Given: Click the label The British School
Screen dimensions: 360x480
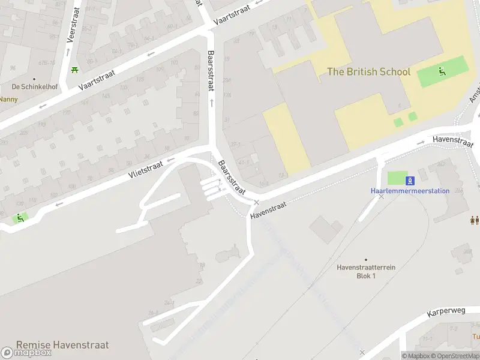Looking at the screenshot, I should (368, 72).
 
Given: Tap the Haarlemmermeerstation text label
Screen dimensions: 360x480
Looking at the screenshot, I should (410, 191).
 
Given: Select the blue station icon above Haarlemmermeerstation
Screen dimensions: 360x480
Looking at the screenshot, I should (410, 181).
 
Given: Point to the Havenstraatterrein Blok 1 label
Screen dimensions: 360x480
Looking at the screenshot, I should (365, 271).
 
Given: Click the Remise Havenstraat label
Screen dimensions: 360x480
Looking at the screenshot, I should (62, 345).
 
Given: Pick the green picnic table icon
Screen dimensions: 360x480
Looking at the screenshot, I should (74, 70).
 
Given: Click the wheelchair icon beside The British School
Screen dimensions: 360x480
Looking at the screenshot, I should (442, 72).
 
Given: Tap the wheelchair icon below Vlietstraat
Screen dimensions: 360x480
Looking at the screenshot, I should (20, 218).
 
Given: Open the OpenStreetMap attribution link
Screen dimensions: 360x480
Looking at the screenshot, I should (458, 356).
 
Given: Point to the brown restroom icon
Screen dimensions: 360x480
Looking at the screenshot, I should (475, 221).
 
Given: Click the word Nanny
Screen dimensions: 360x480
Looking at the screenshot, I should (8, 99).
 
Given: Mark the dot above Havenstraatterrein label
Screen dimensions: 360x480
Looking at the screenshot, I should (365, 260).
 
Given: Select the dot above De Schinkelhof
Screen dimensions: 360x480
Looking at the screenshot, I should (34, 79).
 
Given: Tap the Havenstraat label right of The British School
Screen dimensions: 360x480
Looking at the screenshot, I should (453, 140).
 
